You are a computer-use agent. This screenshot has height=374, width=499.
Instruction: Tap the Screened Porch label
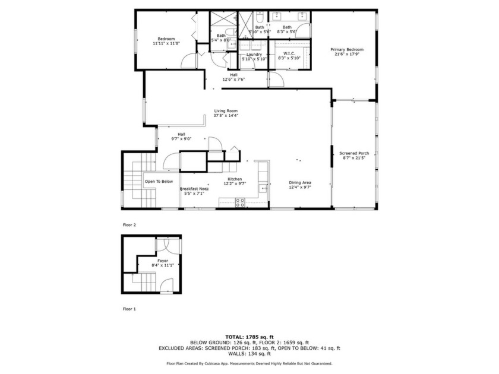354,153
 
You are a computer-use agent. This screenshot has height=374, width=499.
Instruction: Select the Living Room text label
226,110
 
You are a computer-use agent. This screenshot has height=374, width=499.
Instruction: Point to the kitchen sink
263,188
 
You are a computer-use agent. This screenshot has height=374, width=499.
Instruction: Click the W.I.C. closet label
289,53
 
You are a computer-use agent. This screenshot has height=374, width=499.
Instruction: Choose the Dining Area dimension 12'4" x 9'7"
300,187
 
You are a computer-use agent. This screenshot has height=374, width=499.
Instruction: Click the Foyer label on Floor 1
163,260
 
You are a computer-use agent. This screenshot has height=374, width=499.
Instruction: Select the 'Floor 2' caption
130,225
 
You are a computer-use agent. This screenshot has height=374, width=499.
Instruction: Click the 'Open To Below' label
159,182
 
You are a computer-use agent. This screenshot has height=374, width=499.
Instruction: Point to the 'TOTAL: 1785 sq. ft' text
249,337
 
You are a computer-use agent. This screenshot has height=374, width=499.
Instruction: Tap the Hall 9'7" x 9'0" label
181,139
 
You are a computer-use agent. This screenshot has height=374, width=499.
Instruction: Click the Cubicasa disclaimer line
249,363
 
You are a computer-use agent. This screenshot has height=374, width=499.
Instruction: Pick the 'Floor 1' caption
130,309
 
